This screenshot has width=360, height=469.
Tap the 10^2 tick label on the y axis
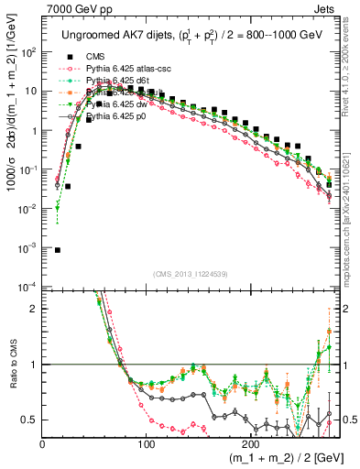pos(29,52)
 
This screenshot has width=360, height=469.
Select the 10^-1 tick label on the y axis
pos(29,169)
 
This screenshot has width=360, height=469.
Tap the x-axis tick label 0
pos(43,442)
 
